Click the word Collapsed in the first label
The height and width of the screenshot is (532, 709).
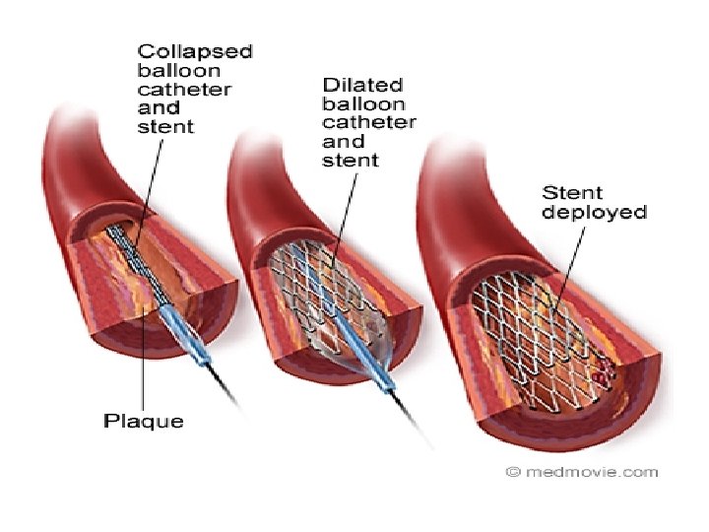[195, 50]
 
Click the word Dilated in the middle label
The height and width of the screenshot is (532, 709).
[355, 86]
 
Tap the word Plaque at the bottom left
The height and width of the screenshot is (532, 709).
[144, 422]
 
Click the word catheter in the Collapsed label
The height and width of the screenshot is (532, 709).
[184, 89]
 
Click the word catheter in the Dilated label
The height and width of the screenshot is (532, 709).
[368, 123]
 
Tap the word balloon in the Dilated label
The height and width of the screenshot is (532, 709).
[363, 104]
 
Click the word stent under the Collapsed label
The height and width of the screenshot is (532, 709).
[166, 126]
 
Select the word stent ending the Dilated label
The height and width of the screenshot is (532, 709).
[351, 161]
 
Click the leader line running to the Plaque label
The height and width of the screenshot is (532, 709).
[145, 365]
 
